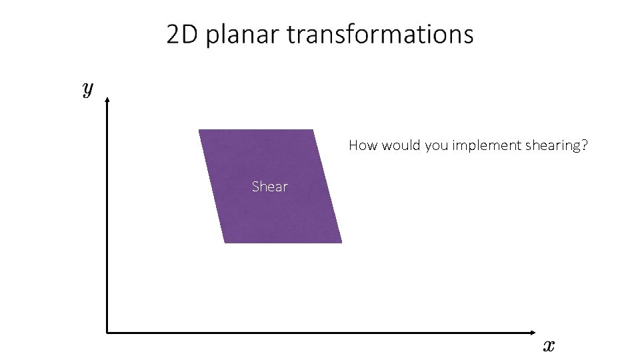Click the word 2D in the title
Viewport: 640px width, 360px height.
tap(183, 35)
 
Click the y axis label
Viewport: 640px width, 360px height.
tap(87, 89)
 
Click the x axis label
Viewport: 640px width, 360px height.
tap(548, 345)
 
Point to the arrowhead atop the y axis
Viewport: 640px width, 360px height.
tap(107, 97)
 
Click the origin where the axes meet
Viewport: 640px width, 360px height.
tap(107, 332)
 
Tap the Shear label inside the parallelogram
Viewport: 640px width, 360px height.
tap(269, 187)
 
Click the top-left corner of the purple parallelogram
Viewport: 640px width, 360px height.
tap(199, 130)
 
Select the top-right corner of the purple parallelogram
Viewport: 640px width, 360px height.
tap(313, 130)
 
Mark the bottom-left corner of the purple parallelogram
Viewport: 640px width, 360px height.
tap(225, 242)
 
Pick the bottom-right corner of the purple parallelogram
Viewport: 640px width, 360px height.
tap(341, 242)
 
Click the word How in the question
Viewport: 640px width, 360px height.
tap(363, 145)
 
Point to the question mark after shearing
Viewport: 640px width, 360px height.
tap(584, 145)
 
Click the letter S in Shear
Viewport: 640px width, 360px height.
tap(256, 187)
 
